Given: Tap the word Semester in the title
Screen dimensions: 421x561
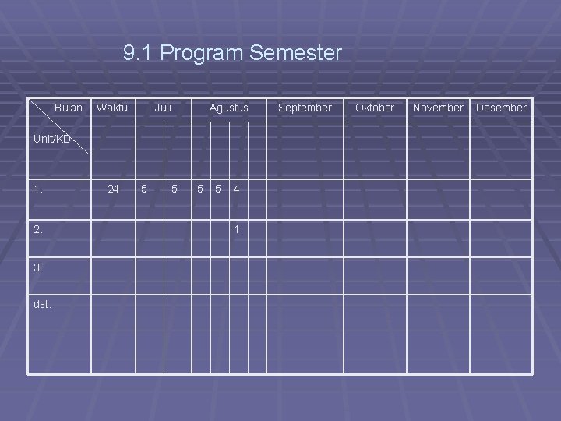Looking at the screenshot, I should pyautogui.click(x=296, y=53).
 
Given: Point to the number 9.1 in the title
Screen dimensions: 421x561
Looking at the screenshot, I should pyautogui.click(x=139, y=53).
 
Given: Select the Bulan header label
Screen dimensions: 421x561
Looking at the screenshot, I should pyautogui.click(x=69, y=108).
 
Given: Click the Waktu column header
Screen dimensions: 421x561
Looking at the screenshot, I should pyautogui.click(x=112, y=108).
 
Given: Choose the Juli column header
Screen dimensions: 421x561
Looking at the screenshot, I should pyautogui.click(x=163, y=108).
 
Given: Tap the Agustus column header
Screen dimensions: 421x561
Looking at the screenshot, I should pyautogui.click(x=229, y=108).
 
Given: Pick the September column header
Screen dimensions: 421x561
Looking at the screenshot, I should pyautogui.click(x=305, y=108).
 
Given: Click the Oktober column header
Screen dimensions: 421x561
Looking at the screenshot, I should pyautogui.click(x=375, y=108).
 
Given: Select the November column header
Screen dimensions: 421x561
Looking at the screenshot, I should pyautogui.click(x=438, y=108).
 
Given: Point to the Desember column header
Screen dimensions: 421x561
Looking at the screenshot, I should pyautogui.click(x=501, y=108).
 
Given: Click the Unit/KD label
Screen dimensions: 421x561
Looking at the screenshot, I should pyautogui.click(x=51, y=140).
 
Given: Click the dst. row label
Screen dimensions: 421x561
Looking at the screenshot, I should pyautogui.click(x=42, y=304).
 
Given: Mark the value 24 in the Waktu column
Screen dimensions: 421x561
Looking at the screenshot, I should pyautogui.click(x=114, y=189).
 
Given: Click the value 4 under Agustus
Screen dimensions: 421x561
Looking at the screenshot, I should pyautogui.click(x=237, y=189).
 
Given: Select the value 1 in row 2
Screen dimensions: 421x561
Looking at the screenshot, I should pyautogui.click(x=237, y=229).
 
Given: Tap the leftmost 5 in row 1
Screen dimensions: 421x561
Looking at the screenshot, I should pyautogui.click(x=143, y=189).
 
